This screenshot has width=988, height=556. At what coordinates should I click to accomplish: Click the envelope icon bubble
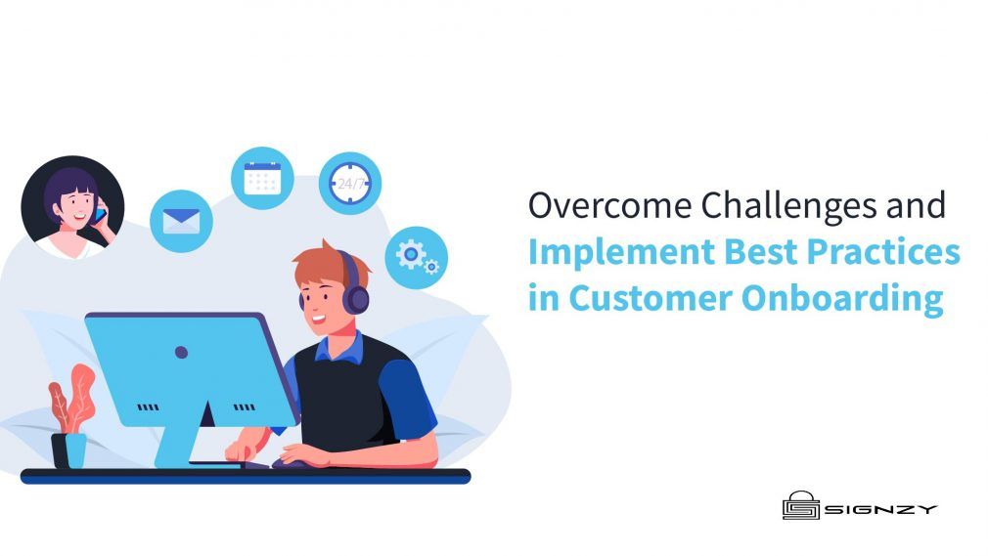click(x=181, y=220)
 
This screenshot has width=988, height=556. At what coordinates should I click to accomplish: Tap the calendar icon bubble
click(x=262, y=178)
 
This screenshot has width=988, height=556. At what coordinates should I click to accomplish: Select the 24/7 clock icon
click(x=349, y=183)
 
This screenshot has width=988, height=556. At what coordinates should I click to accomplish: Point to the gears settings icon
click(x=416, y=257)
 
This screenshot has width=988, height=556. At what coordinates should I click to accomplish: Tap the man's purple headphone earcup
click(x=355, y=296)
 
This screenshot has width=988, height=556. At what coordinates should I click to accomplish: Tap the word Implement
click(x=621, y=252)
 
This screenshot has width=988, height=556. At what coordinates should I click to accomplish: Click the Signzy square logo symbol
click(x=800, y=506)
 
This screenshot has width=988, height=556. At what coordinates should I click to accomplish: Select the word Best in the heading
click(x=756, y=252)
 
